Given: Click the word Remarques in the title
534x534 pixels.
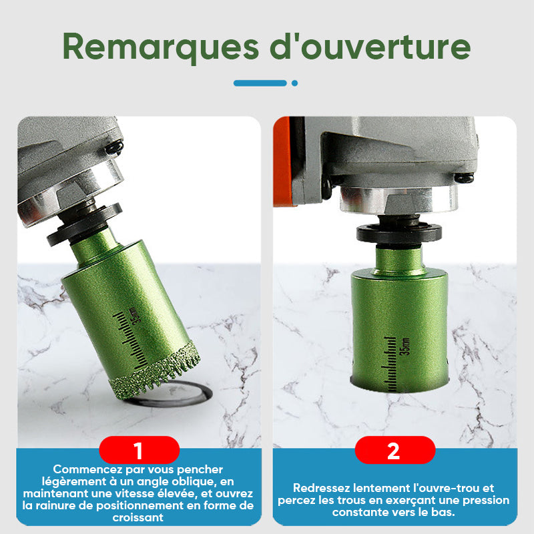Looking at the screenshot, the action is pyautogui.click(x=161, y=47).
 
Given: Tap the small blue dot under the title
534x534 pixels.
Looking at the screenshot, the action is pyautogui.click(x=294, y=83).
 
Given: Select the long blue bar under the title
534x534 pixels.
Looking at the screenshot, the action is pyautogui.click(x=260, y=83).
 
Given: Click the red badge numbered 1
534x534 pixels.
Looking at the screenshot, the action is pyautogui.click(x=139, y=450).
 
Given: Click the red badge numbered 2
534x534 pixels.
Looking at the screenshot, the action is pyautogui.click(x=395, y=450).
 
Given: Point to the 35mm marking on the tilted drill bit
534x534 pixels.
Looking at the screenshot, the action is pyautogui.click(x=134, y=315).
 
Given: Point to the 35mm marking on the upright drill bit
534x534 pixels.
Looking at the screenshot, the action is pyautogui.click(x=406, y=346).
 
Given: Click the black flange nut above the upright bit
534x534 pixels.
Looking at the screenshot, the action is pyautogui.click(x=399, y=233).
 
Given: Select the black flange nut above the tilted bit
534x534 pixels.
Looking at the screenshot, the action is pyautogui.click(x=83, y=225).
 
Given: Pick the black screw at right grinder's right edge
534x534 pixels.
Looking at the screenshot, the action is pyautogui.click(x=464, y=178).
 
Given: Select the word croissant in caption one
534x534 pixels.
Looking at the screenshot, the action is pyautogui.click(x=138, y=518).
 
